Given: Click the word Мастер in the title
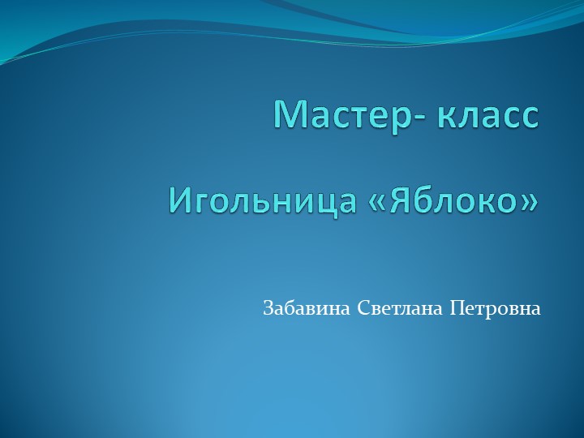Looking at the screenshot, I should pos(341,114).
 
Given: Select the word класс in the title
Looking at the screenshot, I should pos(487,114).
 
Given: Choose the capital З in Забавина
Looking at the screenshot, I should pos(268,309).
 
